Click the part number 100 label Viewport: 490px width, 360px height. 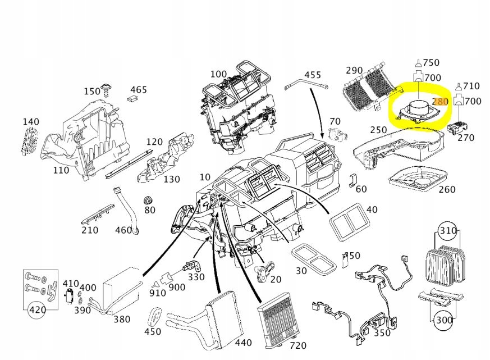[218, 74]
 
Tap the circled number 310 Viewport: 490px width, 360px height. [447, 231]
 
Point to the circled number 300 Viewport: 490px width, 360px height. [444, 320]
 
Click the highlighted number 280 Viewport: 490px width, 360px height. [441, 102]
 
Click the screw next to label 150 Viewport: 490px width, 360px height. [106, 90]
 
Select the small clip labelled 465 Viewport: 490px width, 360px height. [132, 99]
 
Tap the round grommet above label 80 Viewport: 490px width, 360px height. [149, 200]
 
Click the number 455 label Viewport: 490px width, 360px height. [313, 75]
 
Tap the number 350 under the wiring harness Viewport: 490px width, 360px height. [382, 332]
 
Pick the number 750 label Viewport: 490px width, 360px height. [431, 63]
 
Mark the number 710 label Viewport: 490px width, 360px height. [471, 85]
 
